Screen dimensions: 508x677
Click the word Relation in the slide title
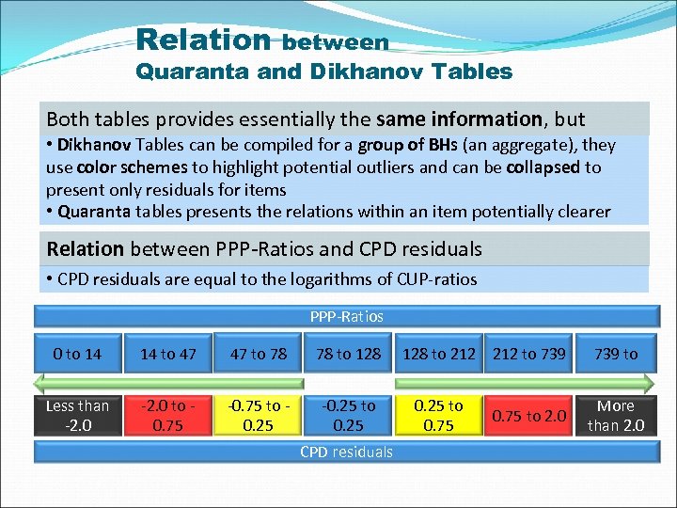202,40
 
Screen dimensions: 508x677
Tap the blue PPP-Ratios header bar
346,316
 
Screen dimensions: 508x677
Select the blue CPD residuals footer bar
346,452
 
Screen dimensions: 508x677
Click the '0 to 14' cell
77,354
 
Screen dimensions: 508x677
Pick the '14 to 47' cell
168,354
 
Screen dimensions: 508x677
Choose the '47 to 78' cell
258,354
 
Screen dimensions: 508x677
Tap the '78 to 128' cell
348,354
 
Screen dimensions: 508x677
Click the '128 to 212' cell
438,354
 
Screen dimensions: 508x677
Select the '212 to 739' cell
528,354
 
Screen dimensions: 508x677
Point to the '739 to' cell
616,354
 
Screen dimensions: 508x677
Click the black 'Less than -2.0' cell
77,415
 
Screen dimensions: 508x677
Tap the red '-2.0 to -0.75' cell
168,415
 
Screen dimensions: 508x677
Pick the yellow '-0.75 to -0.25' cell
258,415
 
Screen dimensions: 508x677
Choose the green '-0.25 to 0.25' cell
348,415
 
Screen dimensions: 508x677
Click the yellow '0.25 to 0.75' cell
438,415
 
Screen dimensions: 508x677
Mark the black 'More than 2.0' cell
616,415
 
